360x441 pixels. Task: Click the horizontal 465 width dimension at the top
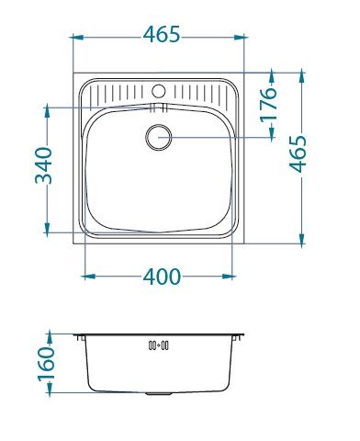pyautogui.click(x=161, y=34)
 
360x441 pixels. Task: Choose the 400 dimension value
pyautogui.click(x=163, y=276)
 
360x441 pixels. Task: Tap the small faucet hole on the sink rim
pyautogui.click(x=158, y=92)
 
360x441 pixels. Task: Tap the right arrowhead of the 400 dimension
pyautogui.click(x=238, y=275)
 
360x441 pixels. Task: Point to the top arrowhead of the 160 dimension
pyautogui.click(x=46, y=336)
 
